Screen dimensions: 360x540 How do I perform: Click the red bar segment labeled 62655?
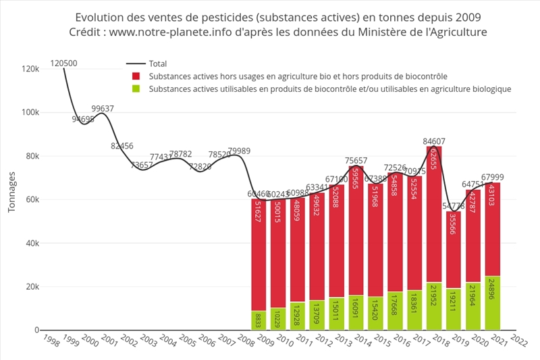(433, 215)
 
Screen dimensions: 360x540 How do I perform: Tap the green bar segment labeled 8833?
(259, 320)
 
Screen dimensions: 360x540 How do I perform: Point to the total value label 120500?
(63, 64)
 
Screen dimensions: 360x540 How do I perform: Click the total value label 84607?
(434, 141)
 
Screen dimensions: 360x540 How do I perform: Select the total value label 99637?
(103, 109)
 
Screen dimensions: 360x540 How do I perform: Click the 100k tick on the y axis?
(30, 113)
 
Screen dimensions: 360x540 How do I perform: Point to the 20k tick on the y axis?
(32, 287)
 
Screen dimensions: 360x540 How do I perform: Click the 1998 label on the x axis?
(47, 339)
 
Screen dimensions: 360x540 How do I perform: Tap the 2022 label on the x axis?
(518, 339)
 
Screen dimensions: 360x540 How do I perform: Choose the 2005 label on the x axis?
(184, 339)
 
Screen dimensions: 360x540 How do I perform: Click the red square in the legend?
(136, 76)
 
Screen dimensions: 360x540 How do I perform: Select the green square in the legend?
(136, 88)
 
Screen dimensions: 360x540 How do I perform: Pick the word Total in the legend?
(158, 64)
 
